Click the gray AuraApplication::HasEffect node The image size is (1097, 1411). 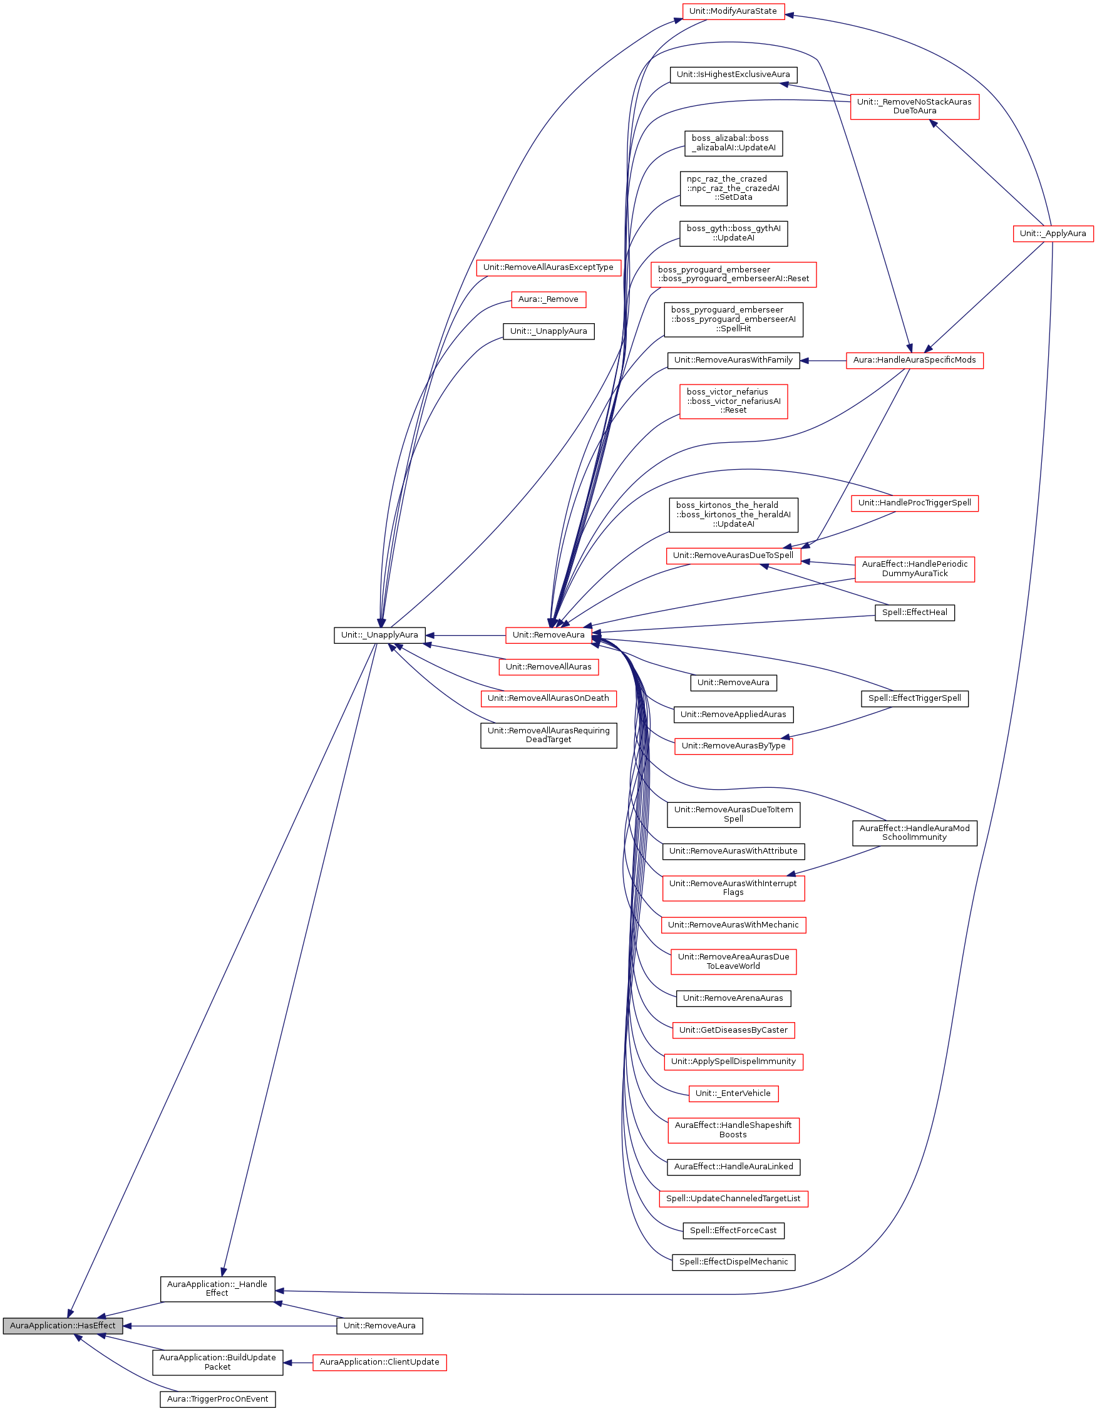coord(62,1325)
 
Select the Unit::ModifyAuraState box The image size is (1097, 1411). coord(733,11)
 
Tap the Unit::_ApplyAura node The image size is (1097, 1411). coord(1053,233)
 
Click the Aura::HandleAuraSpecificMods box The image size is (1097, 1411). coord(914,360)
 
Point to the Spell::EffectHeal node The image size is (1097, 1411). coord(914,612)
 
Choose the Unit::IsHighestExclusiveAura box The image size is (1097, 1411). coord(733,75)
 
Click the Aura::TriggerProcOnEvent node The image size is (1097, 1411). coord(217,1398)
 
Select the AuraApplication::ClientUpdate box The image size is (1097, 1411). coord(379,1362)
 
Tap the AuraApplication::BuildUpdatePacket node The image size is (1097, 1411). coord(217,1362)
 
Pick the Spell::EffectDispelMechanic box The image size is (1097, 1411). coord(733,1262)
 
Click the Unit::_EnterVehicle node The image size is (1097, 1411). coord(733,1093)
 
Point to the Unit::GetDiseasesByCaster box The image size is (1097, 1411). coord(733,1030)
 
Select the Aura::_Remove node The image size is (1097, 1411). coord(548,299)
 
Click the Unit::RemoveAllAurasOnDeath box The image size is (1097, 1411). coord(548,698)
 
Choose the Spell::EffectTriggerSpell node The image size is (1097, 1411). coord(914,698)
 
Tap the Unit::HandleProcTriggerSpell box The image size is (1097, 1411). coord(914,503)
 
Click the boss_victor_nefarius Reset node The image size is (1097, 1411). coord(733,401)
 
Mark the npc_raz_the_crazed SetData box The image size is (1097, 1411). coord(733,188)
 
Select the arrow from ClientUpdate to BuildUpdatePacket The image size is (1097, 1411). coord(299,1363)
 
